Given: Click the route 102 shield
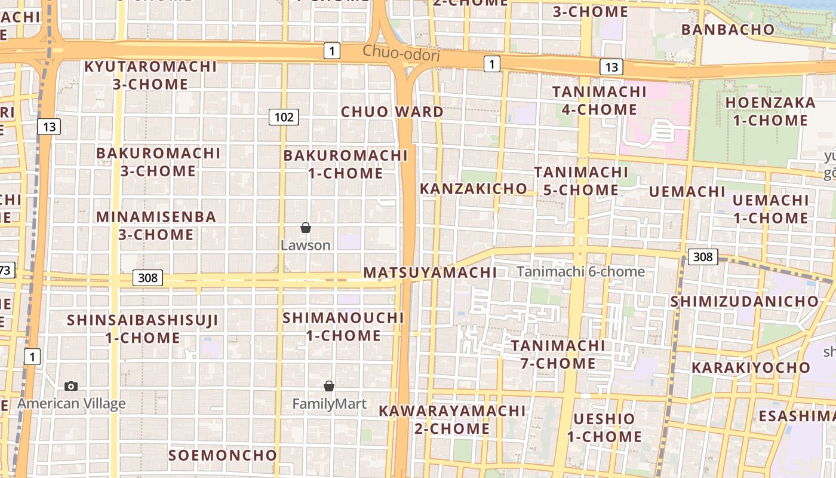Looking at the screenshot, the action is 284,117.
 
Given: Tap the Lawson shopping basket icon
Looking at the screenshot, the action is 306,228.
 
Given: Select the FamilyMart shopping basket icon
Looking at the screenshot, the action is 329,386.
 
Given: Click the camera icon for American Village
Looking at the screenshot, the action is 71,386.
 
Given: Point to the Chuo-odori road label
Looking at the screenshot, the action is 401,54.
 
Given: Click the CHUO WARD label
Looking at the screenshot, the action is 392,112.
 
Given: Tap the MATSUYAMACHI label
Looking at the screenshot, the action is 430,272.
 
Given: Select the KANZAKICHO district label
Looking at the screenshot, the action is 474,189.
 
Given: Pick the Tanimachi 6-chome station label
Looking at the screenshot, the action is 580,271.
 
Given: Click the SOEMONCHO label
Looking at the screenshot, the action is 223,455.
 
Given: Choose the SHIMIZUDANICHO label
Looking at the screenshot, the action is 744,301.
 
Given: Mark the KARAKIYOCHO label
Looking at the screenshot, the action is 751,367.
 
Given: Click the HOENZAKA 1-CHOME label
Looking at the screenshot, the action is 770,111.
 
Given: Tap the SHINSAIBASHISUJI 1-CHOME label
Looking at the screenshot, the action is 143,329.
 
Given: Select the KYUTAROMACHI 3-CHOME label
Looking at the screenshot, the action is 150,75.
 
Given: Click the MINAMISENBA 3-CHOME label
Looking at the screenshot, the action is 156,225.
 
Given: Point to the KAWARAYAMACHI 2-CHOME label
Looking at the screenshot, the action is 452,419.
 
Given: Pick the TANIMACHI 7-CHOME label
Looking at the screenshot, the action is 558,354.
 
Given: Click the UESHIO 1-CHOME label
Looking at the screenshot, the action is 604,427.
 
